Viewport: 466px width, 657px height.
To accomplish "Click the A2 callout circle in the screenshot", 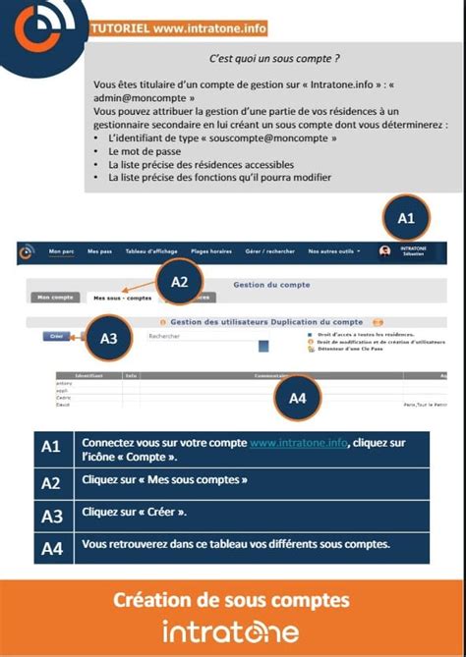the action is [179, 282].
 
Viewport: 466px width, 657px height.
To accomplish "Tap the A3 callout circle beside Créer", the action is [109, 339].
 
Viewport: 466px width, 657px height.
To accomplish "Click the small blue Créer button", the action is [55, 336].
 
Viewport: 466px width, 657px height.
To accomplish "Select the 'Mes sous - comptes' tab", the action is [122, 297].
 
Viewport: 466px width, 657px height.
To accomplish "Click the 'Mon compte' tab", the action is [55, 297].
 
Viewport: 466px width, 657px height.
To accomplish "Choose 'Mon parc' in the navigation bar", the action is [61, 251].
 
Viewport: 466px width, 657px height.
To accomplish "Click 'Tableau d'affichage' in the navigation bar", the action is [151, 251].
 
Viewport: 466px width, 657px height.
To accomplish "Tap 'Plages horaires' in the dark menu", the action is [211, 251].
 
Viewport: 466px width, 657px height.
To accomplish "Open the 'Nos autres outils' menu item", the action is [331, 251].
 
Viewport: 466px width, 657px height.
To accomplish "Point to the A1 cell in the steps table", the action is [51, 449].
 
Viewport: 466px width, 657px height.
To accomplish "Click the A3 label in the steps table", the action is [51, 516].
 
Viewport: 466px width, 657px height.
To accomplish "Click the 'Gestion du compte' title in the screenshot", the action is [271, 285].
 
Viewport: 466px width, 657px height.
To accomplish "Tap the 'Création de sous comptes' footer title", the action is [232, 599].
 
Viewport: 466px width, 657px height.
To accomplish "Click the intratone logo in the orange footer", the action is [231, 630].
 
